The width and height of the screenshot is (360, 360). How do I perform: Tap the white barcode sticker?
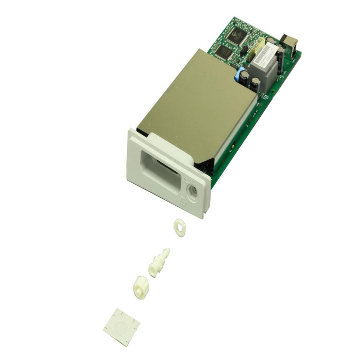[x=264, y=54]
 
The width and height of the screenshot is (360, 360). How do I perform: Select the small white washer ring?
[x=179, y=228]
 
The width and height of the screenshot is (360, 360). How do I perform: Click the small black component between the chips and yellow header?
[x=244, y=51]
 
